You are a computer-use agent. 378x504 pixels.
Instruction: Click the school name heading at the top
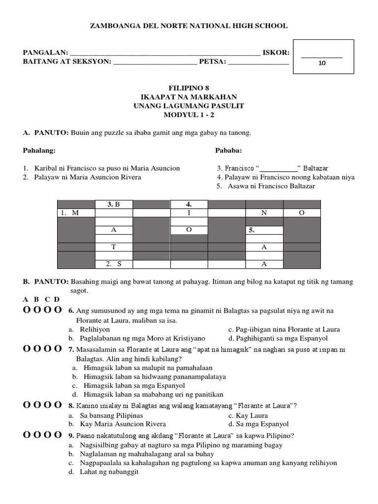tap(189, 26)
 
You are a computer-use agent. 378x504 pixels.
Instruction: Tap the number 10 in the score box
tap(322, 63)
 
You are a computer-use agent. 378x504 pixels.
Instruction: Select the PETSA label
tap(213, 62)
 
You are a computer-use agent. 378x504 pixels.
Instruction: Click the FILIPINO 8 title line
tap(189, 88)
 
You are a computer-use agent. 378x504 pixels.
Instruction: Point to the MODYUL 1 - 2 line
tap(189, 115)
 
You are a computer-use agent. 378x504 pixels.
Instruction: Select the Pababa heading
tap(228, 150)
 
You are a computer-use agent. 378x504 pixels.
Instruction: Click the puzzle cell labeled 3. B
tap(114, 204)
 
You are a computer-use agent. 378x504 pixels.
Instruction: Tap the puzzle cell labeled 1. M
tap(76, 213)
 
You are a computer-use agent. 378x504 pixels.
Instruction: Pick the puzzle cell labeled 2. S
tap(114, 264)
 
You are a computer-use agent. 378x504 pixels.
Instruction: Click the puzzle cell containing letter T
tap(114, 247)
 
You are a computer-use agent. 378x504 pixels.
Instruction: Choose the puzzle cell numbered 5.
tap(264, 230)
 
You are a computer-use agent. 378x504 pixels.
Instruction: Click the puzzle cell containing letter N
tap(264, 213)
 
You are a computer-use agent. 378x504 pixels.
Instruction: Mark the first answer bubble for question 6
tap(27, 310)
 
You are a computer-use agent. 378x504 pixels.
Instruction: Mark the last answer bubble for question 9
tap(58, 435)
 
